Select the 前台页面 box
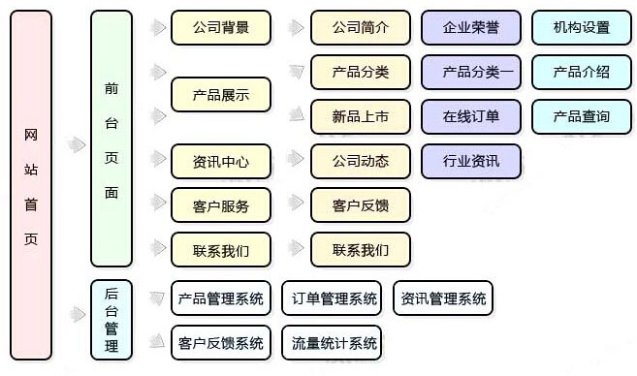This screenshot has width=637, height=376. (x=111, y=139)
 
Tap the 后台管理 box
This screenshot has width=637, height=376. (x=111, y=318)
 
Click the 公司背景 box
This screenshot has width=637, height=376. (x=221, y=27)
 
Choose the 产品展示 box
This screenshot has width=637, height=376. (x=221, y=95)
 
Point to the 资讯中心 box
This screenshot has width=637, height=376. (x=221, y=161)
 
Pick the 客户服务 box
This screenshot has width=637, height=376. (x=221, y=205)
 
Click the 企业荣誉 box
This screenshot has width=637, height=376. (x=471, y=27)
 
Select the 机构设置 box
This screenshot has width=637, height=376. (x=582, y=27)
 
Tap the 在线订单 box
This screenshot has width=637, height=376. (x=471, y=116)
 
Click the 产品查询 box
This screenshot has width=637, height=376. (x=582, y=116)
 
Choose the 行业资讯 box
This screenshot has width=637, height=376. (x=471, y=161)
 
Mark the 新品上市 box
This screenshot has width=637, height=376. (x=360, y=116)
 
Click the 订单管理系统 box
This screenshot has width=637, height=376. (x=332, y=298)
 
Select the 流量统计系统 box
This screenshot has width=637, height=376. (x=332, y=342)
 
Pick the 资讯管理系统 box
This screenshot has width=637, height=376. (x=443, y=298)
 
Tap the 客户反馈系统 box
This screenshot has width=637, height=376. (x=221, y=342)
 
